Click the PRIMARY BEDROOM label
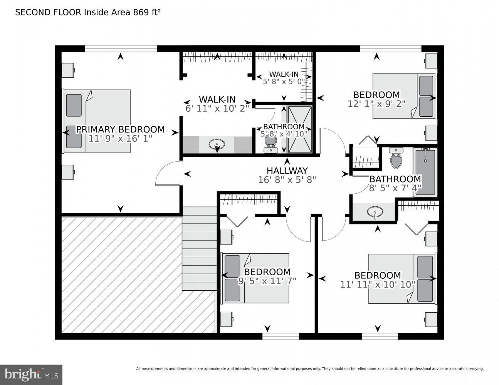(x=120, y=129)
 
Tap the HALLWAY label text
(x=287, y=171)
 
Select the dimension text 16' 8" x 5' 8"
(x=287, y=179)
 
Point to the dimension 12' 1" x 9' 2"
(x=376, y=104)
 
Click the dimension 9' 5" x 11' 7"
(x=267, y=281)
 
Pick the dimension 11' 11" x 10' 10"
(x=378, y=285)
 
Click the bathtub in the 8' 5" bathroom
(x=425, y=172)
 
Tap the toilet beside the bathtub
(x=396, y=159)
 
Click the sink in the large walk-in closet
(x=217, y=145)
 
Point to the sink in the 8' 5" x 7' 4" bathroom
(x=375, y=212)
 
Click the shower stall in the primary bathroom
(x=300, y=129)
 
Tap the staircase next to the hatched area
(x=199, y=248)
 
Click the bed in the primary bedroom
(x=97, y=121)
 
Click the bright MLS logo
(x=31, y=374)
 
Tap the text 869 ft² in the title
(x=147, y=12)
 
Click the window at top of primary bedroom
(x=121, y=49)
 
